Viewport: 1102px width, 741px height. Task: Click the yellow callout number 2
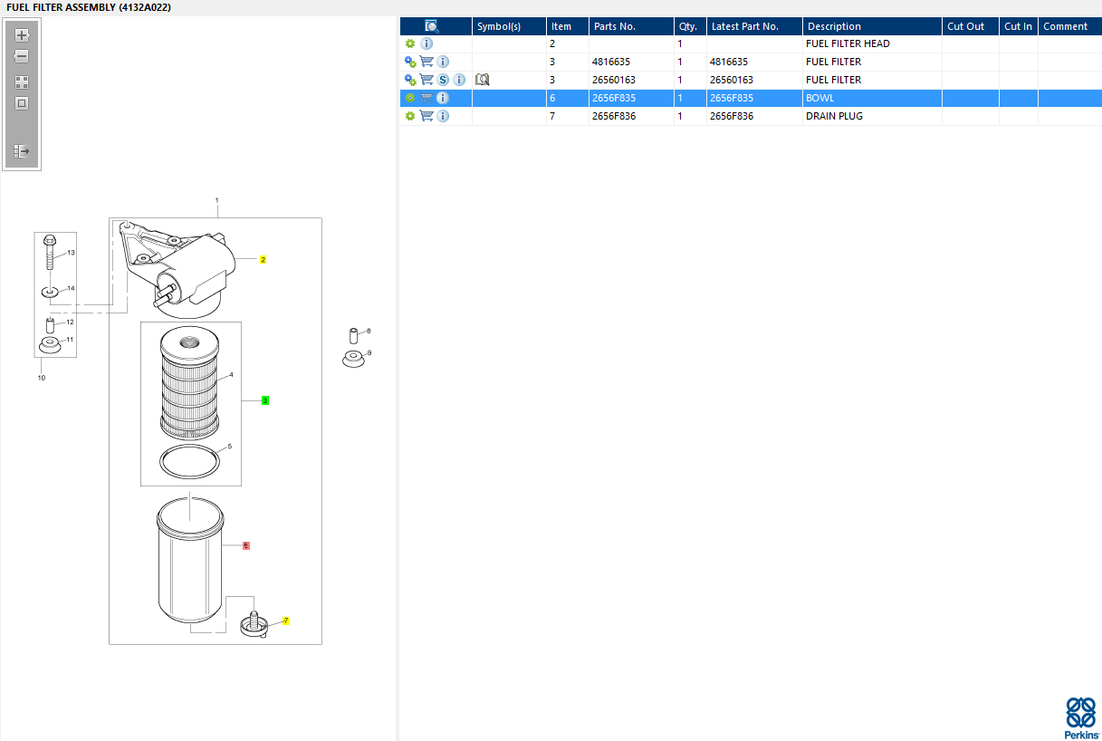point(263,259)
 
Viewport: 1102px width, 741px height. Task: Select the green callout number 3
point(265,400)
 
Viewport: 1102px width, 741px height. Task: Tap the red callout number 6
point(245,546)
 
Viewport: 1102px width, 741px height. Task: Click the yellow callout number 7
point(286,621)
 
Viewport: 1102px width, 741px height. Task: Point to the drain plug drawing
point(254,623)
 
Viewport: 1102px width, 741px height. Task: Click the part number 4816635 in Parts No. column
point(611,62)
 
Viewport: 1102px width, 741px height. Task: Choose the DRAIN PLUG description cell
point(834,116)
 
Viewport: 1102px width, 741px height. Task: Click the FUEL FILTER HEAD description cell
point(848,43)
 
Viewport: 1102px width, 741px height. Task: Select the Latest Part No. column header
point(744,26)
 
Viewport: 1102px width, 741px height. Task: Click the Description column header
point(834,26)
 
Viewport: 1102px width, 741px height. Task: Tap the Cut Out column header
point(965,26)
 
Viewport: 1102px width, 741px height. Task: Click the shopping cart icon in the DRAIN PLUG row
point(426,116)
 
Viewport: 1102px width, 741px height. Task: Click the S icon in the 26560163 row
point(443,80)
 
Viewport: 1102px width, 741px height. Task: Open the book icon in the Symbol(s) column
point(482,80)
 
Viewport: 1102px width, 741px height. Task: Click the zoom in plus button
point(23,35)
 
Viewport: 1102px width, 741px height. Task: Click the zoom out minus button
point(23,56)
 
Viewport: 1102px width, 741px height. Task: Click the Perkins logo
point(1080,717)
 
